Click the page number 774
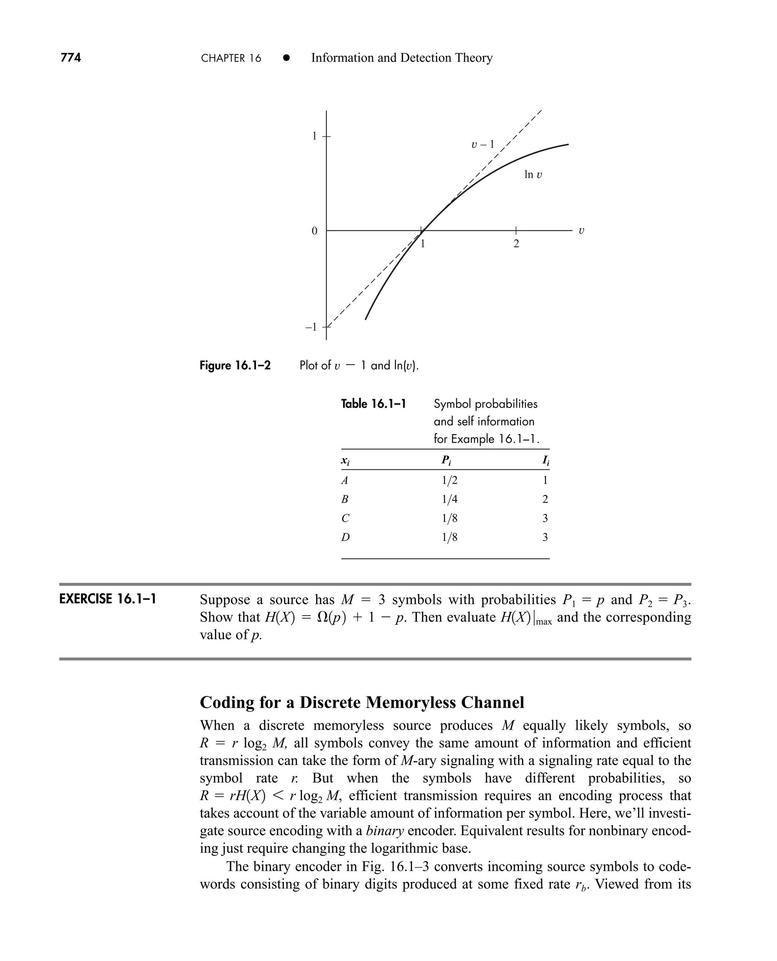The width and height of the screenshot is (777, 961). pos(71,58)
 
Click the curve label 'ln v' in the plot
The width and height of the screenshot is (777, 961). pos(533,175)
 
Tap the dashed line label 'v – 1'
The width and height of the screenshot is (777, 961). pos(483,144)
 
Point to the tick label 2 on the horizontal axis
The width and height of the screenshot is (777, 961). pos(516,244)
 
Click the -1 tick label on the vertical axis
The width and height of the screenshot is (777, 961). pos(311,327)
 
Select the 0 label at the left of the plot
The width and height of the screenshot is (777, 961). pos(314,231)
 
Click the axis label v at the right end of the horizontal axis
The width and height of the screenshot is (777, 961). pos(581,231)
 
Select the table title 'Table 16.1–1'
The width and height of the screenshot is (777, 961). pos(373,404)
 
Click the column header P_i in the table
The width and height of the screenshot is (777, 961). pos(446,460)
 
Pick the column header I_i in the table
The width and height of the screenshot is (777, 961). pos(545,460)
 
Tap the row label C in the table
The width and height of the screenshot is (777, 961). pos(345,518)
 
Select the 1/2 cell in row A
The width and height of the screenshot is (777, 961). pos(449,481)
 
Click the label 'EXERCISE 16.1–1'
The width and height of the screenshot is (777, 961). pos(107,599)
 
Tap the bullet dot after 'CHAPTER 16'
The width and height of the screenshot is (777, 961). pos(286,58)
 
